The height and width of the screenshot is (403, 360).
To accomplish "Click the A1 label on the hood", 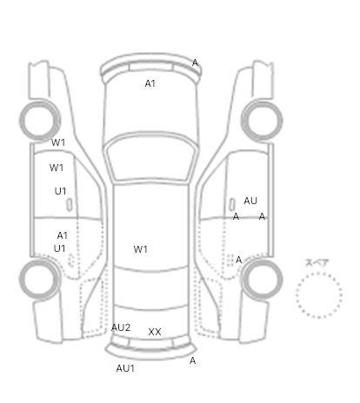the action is [x=150, y=83].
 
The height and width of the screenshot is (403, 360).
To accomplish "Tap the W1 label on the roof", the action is [x=141, y=249].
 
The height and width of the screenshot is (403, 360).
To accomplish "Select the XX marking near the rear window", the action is [x=155, y=332].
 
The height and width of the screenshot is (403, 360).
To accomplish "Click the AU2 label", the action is [x=121, y=327].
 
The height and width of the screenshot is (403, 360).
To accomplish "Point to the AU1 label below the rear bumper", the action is [x=125, y=368].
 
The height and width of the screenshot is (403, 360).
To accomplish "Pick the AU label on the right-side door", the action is [x=250, y=201].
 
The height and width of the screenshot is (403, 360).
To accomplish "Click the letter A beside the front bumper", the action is [x=195, y=63].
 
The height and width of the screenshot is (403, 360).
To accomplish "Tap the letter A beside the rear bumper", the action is [x=192, y=360].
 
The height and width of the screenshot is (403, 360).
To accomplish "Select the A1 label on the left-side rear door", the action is [x=63, y=235].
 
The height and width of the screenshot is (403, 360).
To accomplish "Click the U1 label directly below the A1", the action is [x=60, y=248].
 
